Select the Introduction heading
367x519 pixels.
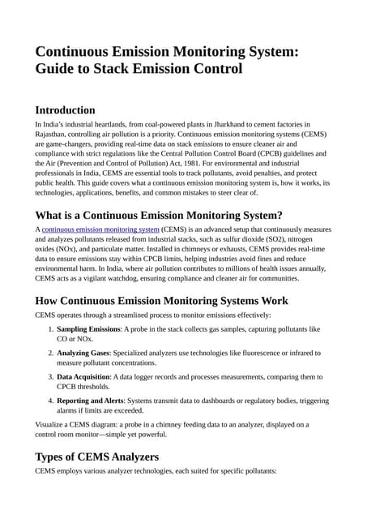point(66,109)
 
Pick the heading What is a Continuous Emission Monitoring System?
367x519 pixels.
point(159,215)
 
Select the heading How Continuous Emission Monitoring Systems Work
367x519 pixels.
point(162,300)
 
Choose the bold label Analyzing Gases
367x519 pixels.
point(84,354)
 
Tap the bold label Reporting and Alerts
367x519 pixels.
point(90,401)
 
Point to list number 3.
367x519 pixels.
point(49,377)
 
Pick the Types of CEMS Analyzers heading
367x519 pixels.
point(97,457)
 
